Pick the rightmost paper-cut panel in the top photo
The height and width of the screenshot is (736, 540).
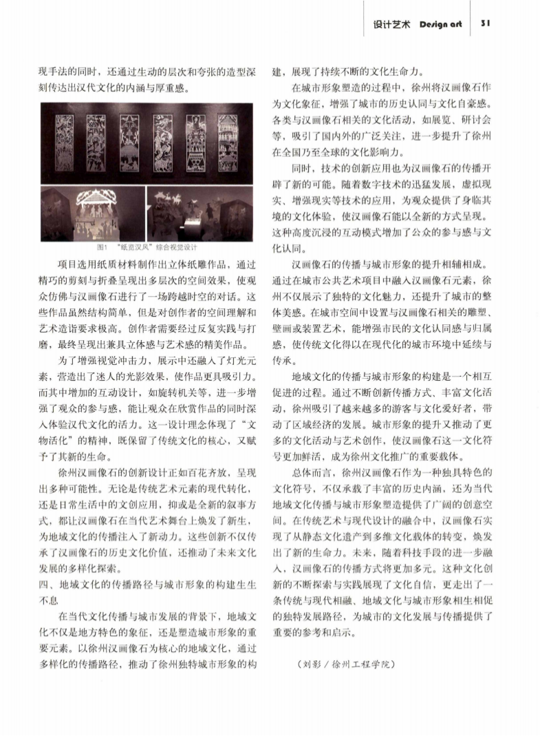coord(229,139)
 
